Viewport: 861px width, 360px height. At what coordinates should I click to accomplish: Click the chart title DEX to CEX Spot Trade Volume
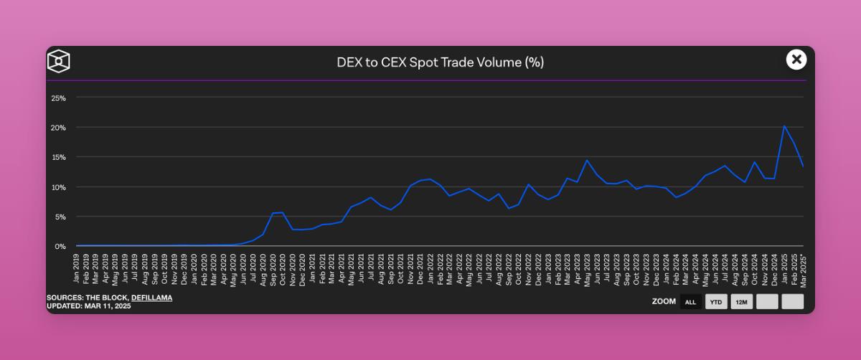(x=440, y=62)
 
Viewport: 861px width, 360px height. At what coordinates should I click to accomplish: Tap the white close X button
(x=796, y=60)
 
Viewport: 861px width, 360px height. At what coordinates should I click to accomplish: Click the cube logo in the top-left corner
(x=59, y=61)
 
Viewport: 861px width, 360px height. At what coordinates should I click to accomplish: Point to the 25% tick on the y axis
(x=59, y=98)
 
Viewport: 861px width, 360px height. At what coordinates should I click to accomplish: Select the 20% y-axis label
(x=59, y=128)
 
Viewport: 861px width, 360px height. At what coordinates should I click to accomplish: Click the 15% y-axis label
(x=59, y=157)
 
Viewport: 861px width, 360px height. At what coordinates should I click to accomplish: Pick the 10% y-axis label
(x=59, y=187)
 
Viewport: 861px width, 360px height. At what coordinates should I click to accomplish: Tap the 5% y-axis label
(x=61, y=217)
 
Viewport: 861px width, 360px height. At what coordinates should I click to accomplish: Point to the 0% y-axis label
(x=61, y=246)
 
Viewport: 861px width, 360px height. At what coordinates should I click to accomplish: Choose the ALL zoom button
(x=691, y=302)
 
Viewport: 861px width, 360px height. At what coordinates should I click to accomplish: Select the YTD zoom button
(x=716, y=302)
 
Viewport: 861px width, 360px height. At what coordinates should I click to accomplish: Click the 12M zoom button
(x=741, y=302)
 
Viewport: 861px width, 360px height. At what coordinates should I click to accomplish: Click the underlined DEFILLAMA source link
(x=151, y=298)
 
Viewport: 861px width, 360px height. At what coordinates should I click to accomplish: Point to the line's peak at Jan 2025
(x=784, y=126)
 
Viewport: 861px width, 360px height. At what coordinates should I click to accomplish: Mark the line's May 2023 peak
(x=587, y=161)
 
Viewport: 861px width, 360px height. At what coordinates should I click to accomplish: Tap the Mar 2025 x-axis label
(x=804, y=268)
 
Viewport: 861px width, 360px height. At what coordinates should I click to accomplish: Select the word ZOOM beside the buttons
(x=664, y=302)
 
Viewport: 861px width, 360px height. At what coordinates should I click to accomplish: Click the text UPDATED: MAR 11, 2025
(x=89, y=306)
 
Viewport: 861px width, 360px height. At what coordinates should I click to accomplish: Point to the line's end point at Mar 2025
(x=804, y=167)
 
